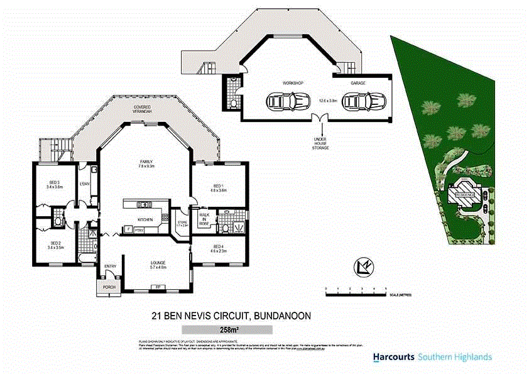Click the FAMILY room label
coord(146,162)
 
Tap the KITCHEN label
coord(146,219)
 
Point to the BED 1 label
coord(218,186)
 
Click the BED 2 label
coord(55,243)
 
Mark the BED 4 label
coord(218,246)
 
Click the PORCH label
coord(109,287)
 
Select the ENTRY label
coord(110,267)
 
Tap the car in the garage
coord(365,101)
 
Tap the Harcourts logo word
coord(393,357)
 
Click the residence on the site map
coord(466,195)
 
